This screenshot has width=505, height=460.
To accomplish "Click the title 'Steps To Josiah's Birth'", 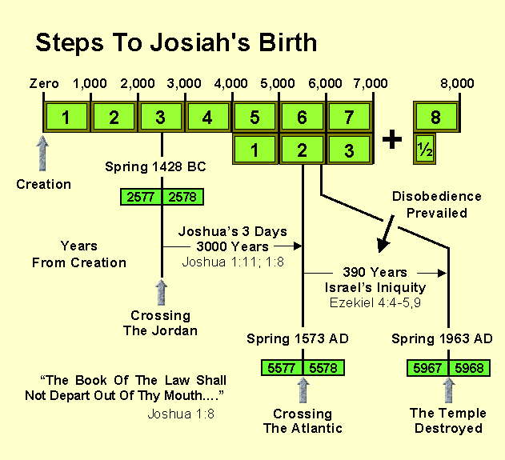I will click(x=175, y=42).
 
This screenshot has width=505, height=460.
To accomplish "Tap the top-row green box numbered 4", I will click(x=207, y=118).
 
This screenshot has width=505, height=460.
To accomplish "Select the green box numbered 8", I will click(x=435, y=118).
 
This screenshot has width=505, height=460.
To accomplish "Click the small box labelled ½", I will click(x=424, y=149).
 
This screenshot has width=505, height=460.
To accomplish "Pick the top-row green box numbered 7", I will click(x=348, y=118).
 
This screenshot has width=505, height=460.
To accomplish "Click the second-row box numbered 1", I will click(x=255, y=149).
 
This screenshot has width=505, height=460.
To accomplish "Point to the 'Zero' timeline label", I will click(x=44, y=83).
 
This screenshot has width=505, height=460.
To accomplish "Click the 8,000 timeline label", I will click(x=457, y=83).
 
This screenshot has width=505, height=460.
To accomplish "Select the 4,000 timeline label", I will click(x=232, y=83).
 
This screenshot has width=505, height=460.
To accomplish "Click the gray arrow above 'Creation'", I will click(x=44, y=153).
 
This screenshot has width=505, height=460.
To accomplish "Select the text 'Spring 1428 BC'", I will click(x=146, y=167).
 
